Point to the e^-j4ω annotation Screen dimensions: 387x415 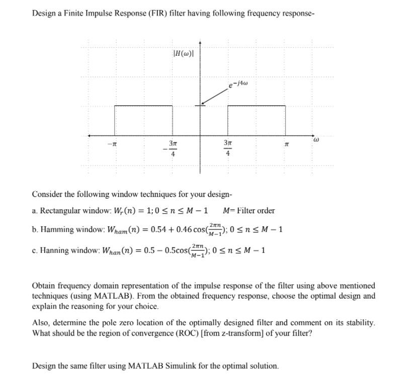tap(238, 84)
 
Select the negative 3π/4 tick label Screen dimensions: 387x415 tap(171, 149)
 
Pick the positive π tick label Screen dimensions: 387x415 tap(286, 145)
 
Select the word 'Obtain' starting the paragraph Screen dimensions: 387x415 tap(43, 286)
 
